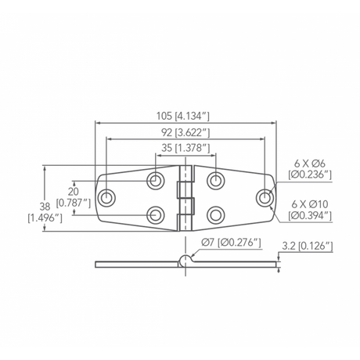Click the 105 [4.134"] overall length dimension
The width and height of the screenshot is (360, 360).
coord(182,116)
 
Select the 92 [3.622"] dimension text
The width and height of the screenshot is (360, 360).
coord(185,133)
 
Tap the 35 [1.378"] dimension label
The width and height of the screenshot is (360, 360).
coord(185,148)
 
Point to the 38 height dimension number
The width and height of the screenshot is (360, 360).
coord(45,207)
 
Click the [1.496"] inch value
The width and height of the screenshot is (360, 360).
coord(45,218)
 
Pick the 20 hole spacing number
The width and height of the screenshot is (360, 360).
coord(74,192)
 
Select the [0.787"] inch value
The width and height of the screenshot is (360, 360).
coord(74,203)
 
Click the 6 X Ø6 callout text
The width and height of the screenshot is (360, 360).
coord(310,164)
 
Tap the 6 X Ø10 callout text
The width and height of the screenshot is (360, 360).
coord(310,204)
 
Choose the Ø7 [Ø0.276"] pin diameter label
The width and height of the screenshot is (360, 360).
coord(231,243)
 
